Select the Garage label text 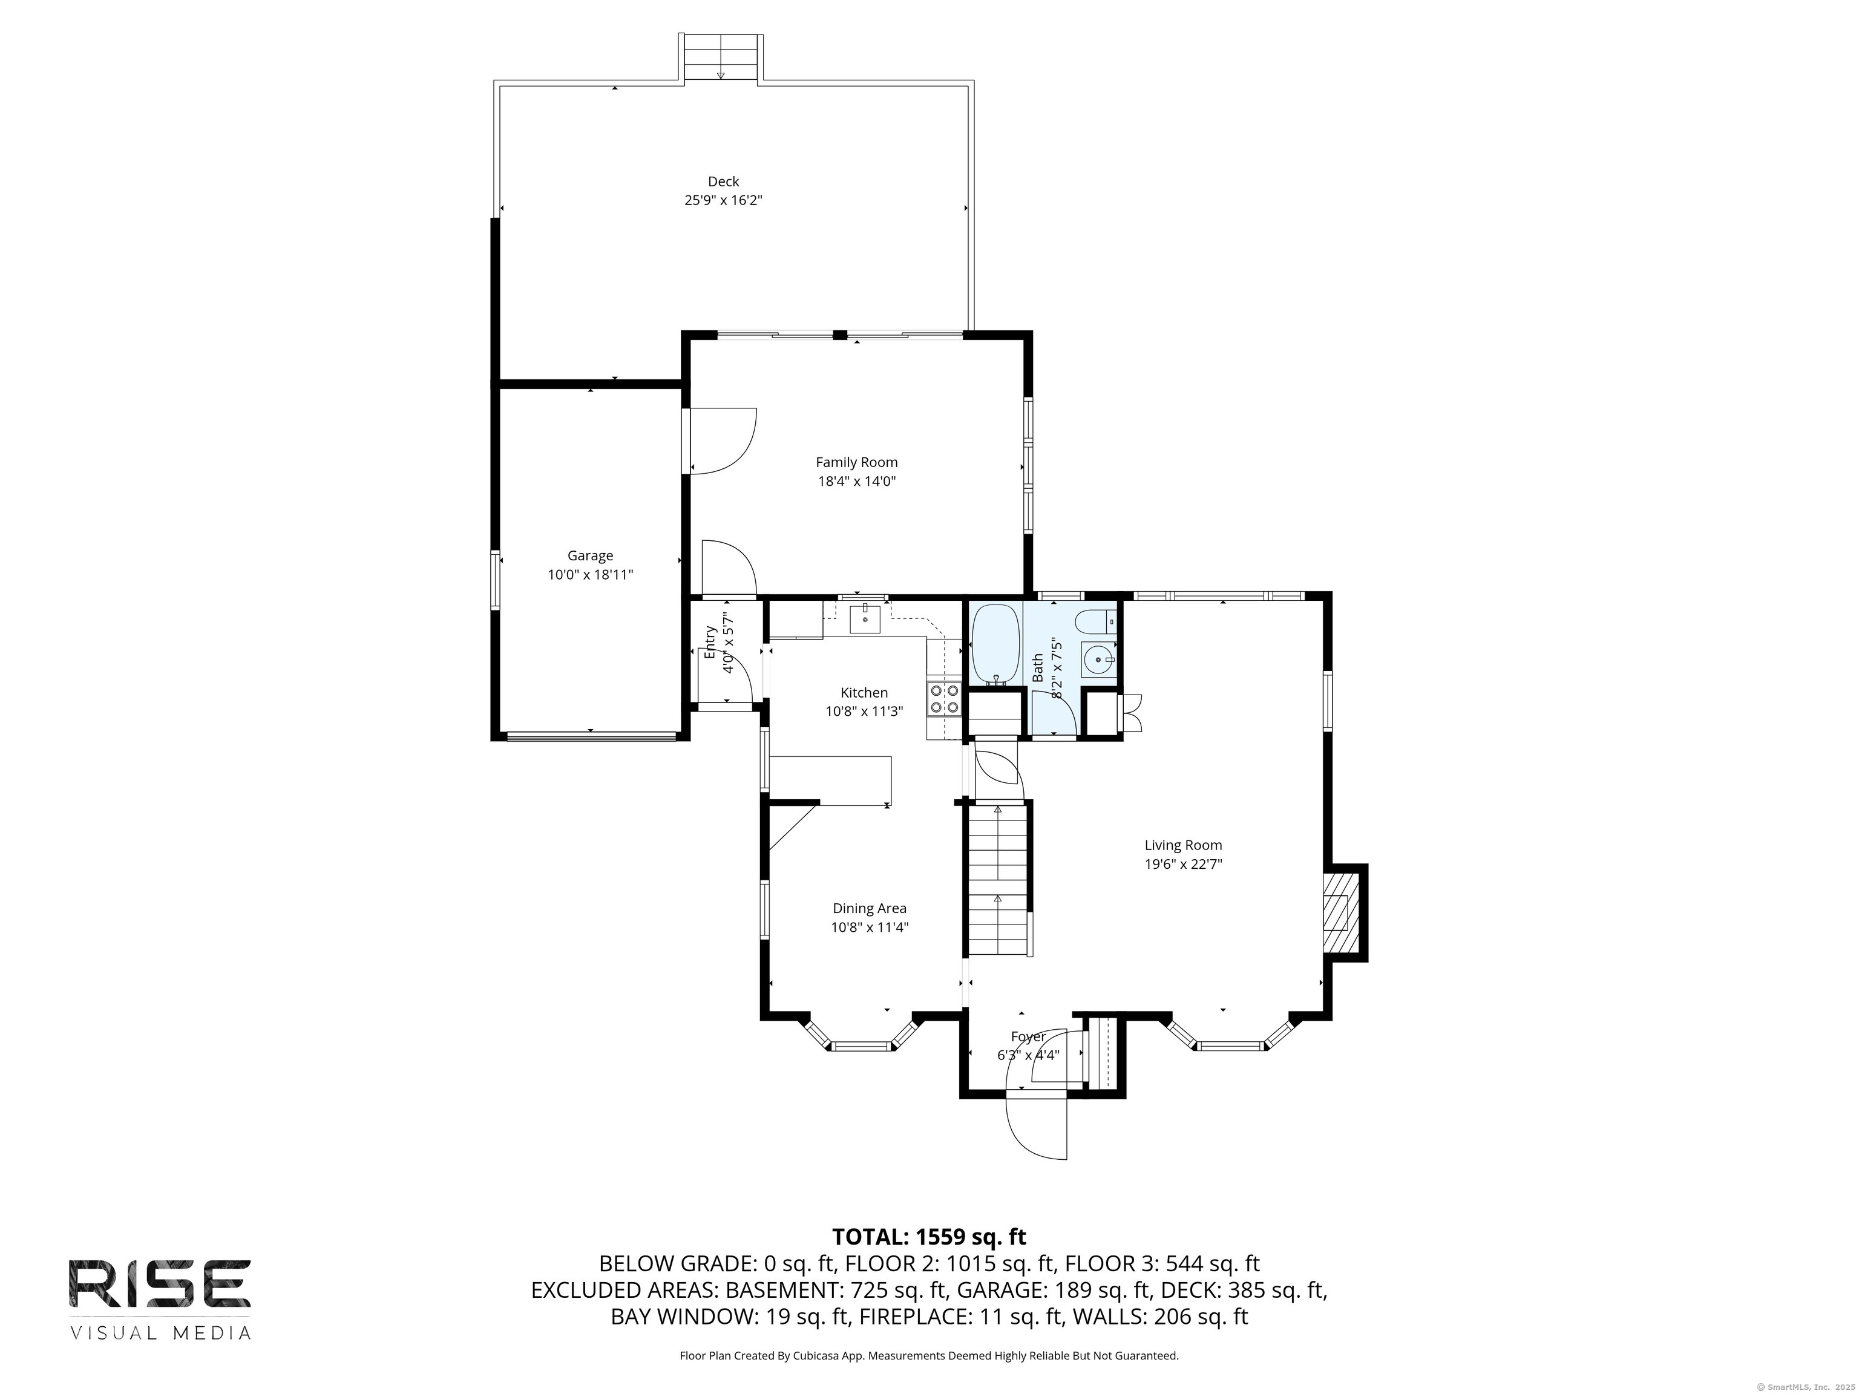tap(590, 555)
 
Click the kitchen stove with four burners tap(944, 698)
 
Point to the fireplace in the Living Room tap(1343, 912)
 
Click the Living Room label tap(1182, 845)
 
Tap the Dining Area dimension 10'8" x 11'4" tap(870, 928)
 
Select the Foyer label tap(1028, 1037)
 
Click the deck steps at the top tap(721, 58)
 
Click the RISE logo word tap(160, 1284)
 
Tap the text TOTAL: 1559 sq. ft tap(929, 1237)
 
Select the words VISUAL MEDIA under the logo tap(160, 1333)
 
